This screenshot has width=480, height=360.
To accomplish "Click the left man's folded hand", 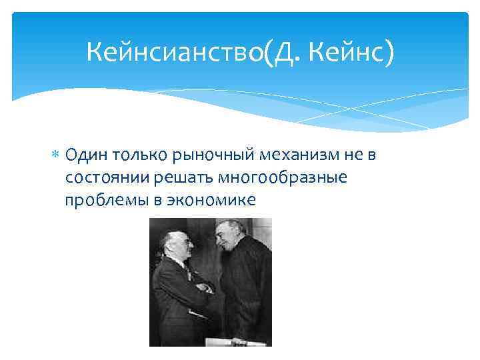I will click(x=204, y=288).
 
